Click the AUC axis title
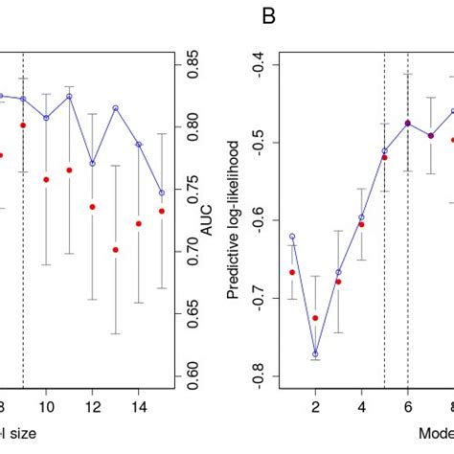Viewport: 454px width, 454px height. pos(205,221)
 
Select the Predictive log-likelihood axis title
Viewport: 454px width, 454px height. pos(233,221)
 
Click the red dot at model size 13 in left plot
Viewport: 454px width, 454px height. pos(115,250)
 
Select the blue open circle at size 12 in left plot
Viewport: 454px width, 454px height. pos(92,164)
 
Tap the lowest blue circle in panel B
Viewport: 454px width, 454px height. pos(315,354)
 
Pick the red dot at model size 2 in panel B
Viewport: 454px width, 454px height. pos(315,318)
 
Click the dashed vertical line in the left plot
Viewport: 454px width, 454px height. pos(22,287)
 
